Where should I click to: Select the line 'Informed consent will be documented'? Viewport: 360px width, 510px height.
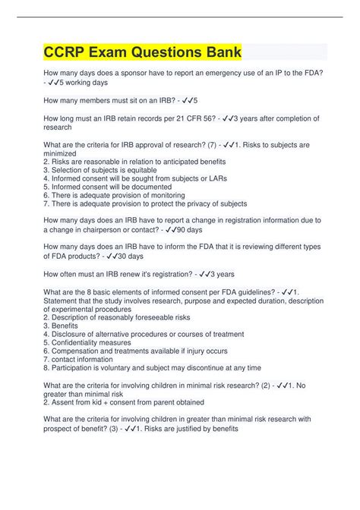(x=110, y=187)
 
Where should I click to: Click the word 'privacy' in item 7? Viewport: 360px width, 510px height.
(x=200, y=203)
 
